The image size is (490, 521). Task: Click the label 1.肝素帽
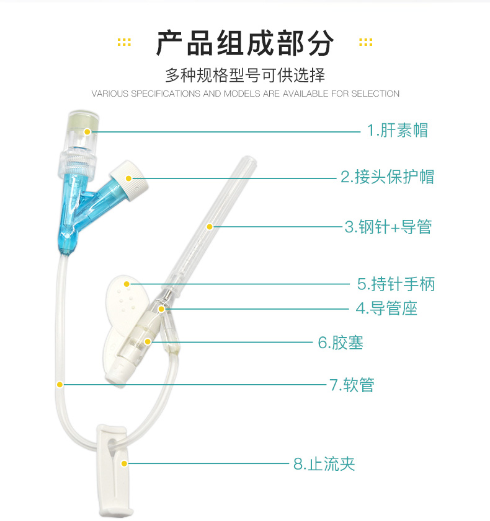click(397, 130)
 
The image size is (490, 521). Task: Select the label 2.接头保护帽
click(387, 177)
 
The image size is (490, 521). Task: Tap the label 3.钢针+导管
click(388, 227)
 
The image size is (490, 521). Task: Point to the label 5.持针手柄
click(396, 284)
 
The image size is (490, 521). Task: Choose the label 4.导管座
click(386, 309)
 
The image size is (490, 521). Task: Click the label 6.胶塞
click(341, 343)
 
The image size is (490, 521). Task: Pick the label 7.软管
click(352, 385)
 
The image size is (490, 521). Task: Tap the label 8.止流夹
click(324, 464)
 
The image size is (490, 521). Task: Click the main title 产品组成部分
click(245, 43)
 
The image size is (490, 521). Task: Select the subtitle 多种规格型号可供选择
click(245, 75)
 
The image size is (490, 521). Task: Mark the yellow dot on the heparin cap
click(87, 131)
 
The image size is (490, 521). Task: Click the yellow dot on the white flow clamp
click(124, 463)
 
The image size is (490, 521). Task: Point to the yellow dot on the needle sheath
click(210, 227)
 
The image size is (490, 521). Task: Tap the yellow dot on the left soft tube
click(60, 385)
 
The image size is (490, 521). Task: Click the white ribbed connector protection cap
click(128, 180)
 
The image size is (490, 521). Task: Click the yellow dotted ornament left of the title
click(124, 42)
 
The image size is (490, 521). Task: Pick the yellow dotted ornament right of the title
click(365, 42)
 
